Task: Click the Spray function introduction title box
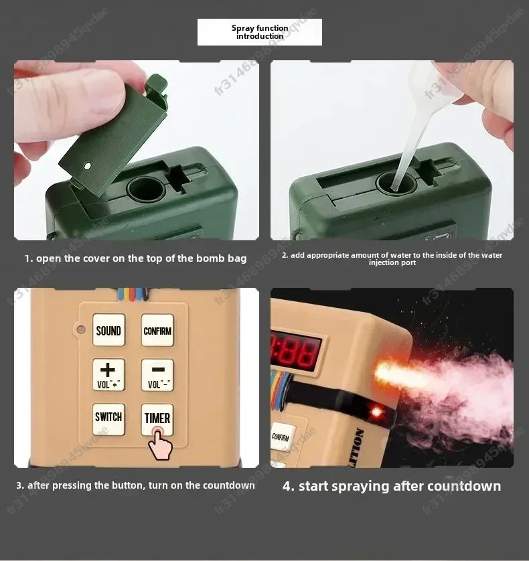coord(260,32)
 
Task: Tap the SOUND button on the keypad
coord(108,331)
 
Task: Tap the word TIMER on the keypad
coord(157,418)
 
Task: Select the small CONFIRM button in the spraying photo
coord(281,437)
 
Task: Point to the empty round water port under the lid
coord(146,189)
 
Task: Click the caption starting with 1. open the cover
coord(136,258)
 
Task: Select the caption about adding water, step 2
coord(392,258)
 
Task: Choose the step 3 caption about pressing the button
coord(136,485)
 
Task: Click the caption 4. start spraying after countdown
coord(392,486)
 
